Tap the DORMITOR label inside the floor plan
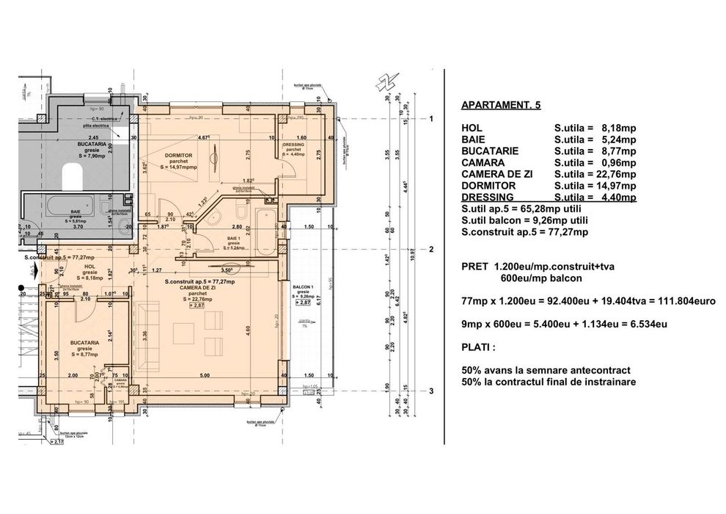pos(174,156)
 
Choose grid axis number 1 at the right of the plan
pos(433,119)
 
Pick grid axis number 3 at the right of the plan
pos(433,391)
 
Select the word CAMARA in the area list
pos(485,162)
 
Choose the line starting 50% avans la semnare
pos(547,369)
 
